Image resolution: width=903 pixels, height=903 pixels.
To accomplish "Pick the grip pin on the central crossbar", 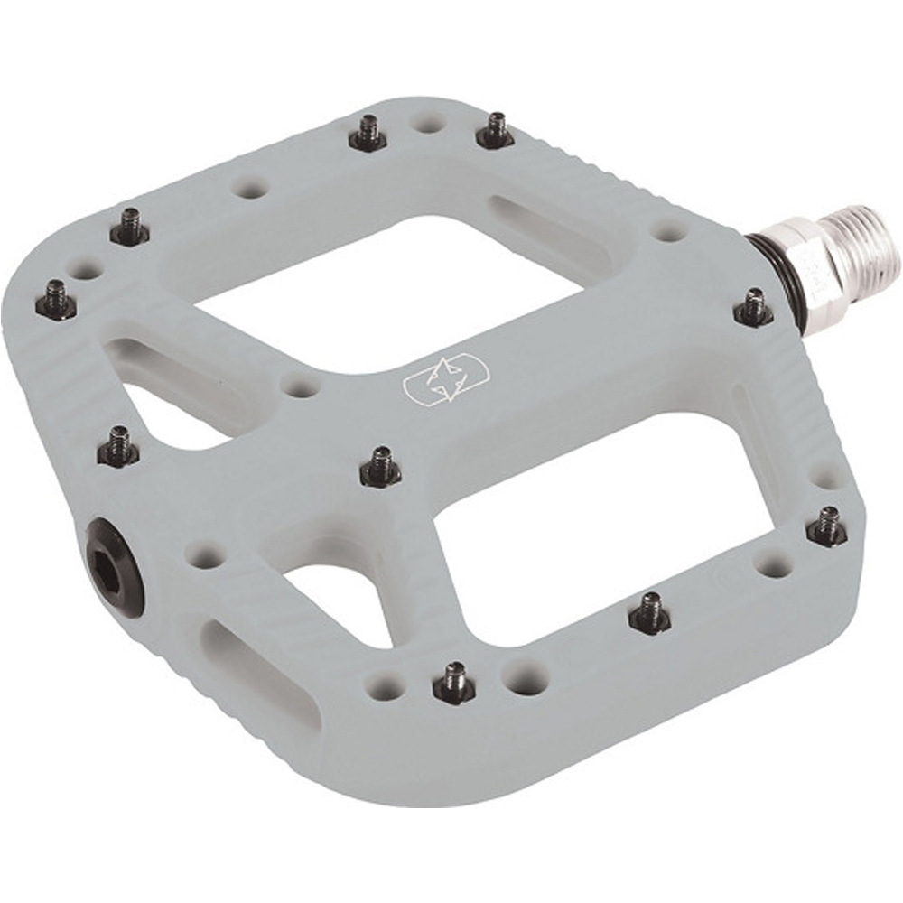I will click(380, 466).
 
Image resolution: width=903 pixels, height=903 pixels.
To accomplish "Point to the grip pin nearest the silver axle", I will click(753, 307).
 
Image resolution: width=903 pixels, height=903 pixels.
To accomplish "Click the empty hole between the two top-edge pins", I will click(428, 122).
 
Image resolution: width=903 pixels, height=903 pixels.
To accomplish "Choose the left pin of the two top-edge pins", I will click(368, 134).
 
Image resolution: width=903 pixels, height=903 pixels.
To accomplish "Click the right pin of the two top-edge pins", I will click(495, 131).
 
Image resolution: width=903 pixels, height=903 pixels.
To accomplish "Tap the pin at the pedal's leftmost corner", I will click(56, 301).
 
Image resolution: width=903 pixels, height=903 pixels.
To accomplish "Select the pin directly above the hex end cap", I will click(118, 447).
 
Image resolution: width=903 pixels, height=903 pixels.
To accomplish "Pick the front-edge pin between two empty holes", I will click(453, 684).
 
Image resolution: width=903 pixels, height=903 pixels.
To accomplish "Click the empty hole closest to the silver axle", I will click(670, 230).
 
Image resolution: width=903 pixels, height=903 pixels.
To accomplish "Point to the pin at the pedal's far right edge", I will click(826, 527).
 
